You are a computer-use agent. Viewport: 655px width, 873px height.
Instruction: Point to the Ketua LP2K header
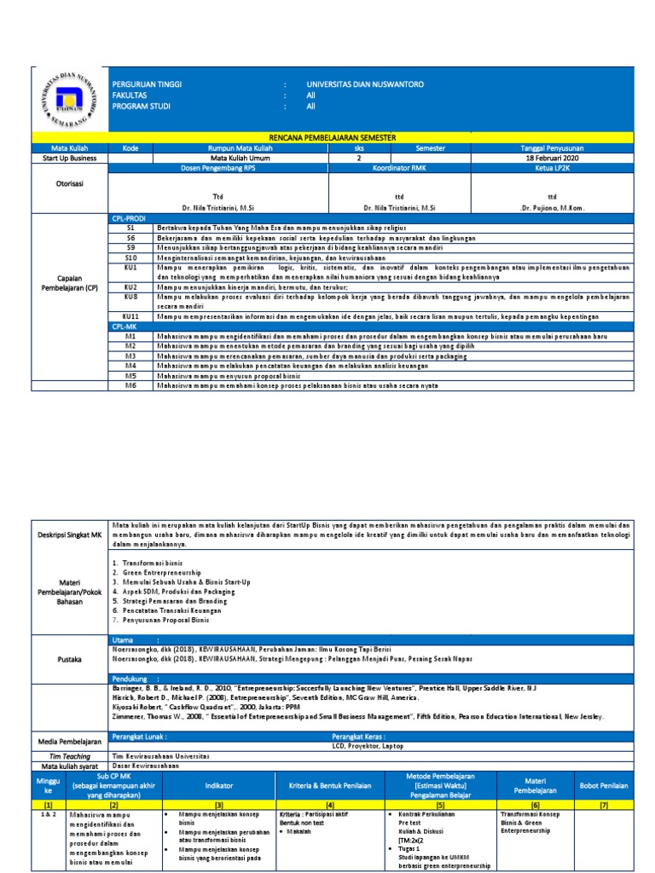552,168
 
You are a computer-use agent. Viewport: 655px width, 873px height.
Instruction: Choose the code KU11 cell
130,316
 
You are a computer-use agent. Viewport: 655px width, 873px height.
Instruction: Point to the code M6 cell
130,385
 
